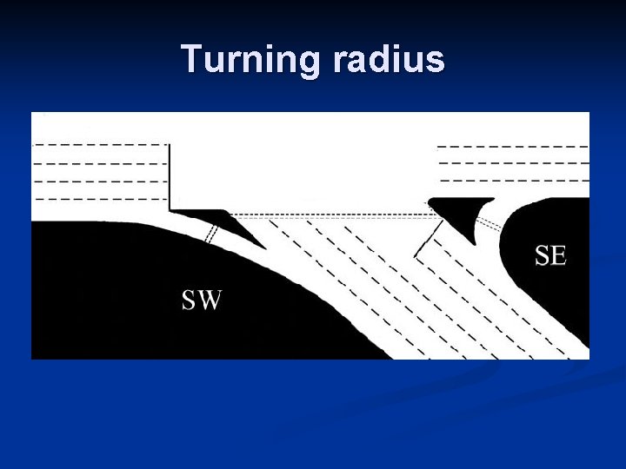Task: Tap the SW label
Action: point(202,301)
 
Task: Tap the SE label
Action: point(550,254)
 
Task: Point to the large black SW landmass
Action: point(130,295)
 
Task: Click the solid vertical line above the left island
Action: point(170,174)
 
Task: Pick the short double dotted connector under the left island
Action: point(210,234)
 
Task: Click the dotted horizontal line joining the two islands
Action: point(330,214)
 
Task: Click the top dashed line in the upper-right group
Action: point(513,147)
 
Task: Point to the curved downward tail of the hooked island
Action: point(473,233)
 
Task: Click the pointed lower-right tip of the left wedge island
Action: point(261,247)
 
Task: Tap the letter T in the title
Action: point(191,59)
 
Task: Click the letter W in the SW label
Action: point(211,301)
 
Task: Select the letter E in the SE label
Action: point(559,254)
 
